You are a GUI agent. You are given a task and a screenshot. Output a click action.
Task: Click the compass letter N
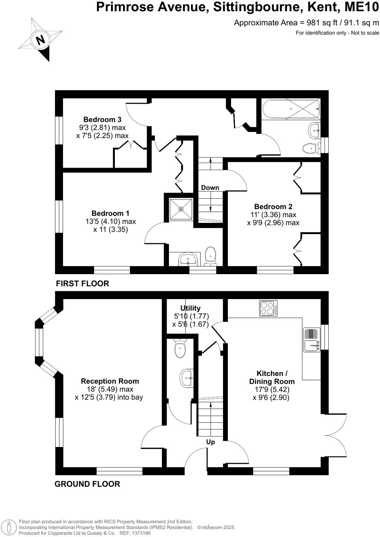point(41,39)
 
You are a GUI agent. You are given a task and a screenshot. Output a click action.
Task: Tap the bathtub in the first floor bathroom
point(290,109)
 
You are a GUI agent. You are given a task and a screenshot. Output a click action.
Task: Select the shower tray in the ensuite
point(181,209)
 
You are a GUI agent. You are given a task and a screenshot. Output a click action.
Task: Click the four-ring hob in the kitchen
point(268,308)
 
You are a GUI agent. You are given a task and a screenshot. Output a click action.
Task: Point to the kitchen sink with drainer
point(312,340)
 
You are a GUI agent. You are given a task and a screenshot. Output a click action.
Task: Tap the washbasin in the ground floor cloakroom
point(187,378)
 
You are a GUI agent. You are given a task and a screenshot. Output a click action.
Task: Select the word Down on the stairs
point(210,188)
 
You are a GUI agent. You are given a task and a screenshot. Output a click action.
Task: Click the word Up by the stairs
point(210,442)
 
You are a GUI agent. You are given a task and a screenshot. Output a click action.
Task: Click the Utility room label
point(190,308)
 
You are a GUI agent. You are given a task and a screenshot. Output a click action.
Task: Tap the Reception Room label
point(110,381)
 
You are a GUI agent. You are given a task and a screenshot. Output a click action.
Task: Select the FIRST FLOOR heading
point(83,283)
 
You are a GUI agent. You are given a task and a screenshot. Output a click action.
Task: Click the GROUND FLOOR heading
point(87,484)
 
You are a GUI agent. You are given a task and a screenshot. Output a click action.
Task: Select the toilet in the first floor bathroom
point(310,149)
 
